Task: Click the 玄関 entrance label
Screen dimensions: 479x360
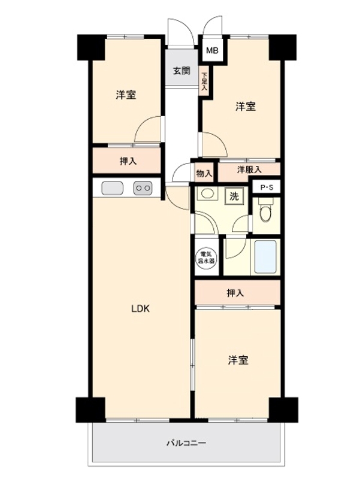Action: point(182,71)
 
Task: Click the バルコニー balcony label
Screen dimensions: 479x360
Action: point(186,444)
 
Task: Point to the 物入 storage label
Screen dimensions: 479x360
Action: point(204,174)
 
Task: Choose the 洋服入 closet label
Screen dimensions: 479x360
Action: point(249,170)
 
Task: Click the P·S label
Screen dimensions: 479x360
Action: point(265,187)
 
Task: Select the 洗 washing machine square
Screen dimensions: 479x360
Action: point(234,196)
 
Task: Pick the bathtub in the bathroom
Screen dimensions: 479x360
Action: point(265,257)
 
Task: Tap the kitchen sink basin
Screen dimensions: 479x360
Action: point(112,188)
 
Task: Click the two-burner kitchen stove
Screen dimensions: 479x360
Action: point(143,188)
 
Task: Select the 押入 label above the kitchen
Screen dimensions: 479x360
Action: point(126,160)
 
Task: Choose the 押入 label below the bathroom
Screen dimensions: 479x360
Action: point(235,293)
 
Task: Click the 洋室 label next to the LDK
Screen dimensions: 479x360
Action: point(238,360)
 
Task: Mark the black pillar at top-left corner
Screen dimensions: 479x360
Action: point(90,47)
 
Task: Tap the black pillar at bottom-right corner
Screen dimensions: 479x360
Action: point(282,410)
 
